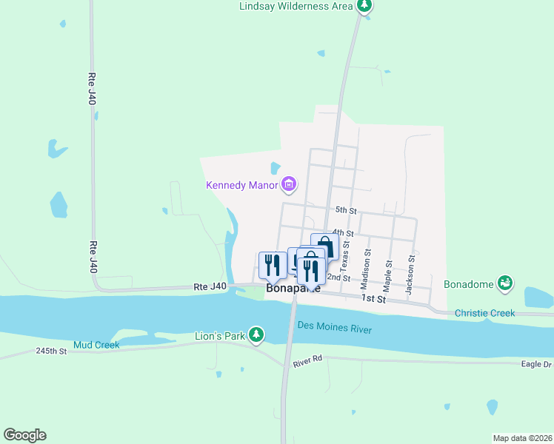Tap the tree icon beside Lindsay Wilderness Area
point(364,6)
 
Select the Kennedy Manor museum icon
point(290,184)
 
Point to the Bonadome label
point(469,284)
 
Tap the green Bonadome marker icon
point(505,283)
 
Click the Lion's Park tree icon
point(256,336)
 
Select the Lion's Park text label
point(219,337)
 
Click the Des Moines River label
point(334,327)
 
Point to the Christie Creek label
point(484,313)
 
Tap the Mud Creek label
point(96,346)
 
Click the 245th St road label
point(52,350)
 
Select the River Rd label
point(307,360)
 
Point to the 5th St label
point(346,210)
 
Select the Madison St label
point(364,269)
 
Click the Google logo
point(24,435)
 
